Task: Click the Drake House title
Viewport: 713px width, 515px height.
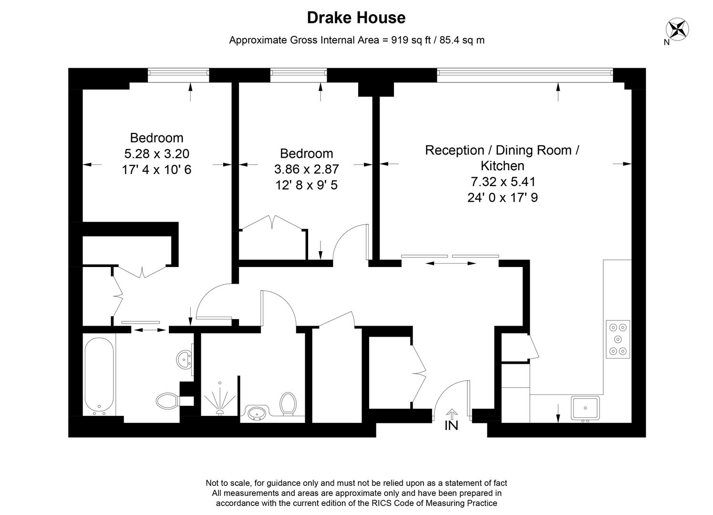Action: pos(356,18)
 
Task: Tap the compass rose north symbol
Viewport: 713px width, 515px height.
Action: pos(677,29)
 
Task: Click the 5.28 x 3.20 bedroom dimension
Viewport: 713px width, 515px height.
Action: pos(156,154)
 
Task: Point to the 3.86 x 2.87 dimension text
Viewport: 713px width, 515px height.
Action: pos(306,169)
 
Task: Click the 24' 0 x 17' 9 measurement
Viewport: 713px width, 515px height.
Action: pos(502,197)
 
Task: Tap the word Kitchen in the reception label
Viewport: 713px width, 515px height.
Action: pos(502,166)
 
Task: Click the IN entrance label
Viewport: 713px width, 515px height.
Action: pos(451,425)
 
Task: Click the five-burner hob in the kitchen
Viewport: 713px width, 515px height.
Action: pos(618,340)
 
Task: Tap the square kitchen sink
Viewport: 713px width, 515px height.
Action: pos(586,408)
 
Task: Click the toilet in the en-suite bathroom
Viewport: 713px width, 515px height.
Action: pos(167,401)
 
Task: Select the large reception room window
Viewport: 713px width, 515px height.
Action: pos(525,72)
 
